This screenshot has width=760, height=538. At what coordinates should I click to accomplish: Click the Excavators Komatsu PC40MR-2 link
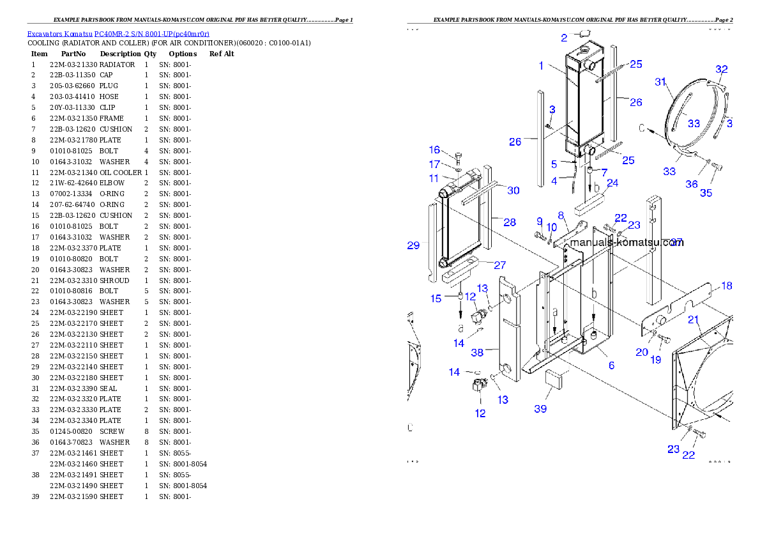[118, 33]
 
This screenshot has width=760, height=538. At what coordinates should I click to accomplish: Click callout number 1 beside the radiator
[541, 65]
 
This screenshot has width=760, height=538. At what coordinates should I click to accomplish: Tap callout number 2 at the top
[564, 38]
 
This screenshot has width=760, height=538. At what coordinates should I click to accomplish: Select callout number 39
[540, 408]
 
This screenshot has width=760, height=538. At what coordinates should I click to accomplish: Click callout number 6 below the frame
[611, 365]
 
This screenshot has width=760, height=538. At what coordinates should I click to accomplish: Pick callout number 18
[727, 286]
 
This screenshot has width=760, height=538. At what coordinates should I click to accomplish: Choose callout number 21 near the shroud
[693, 319]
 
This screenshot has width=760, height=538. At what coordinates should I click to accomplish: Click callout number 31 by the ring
[660, 81]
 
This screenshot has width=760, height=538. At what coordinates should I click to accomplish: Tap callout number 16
[434, 150]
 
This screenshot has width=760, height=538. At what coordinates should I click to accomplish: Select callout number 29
[413, 245]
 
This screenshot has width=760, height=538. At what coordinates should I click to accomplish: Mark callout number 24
[612, 183]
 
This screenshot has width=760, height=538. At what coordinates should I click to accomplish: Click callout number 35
[706, 193]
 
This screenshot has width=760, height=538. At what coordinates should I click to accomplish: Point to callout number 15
[436, 298]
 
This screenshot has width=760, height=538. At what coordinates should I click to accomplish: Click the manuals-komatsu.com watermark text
[626, 243]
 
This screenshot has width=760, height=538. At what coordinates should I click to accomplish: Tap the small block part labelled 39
[553, 379]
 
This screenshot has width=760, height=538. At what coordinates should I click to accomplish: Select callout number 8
[561, 215]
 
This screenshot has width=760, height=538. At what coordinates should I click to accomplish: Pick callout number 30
[513, 190]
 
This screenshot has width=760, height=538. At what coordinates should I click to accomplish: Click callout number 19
[656, 360]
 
